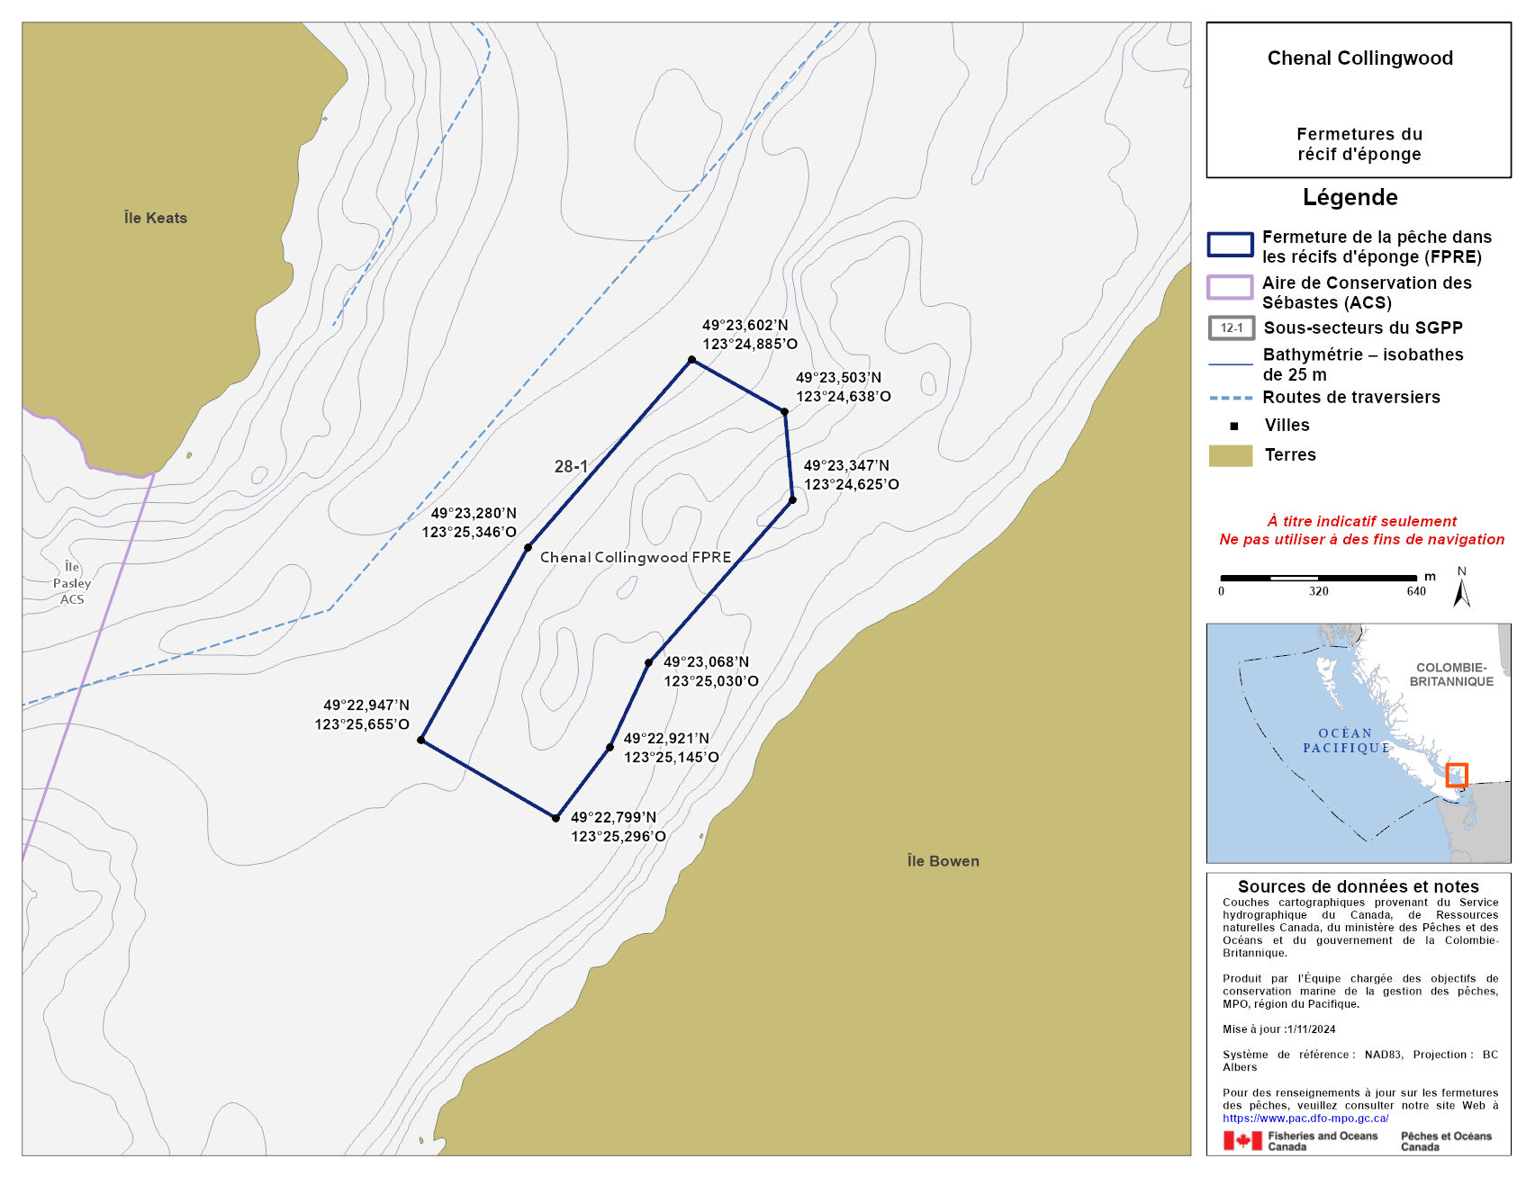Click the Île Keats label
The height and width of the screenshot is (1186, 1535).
pos(156,218)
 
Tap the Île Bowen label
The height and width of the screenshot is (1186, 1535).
pos(943,861)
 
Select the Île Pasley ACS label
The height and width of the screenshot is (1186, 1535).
pos(72,583)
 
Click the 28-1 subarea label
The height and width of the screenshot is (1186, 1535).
pos(571,466)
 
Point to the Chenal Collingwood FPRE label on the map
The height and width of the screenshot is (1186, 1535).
pos(636,557)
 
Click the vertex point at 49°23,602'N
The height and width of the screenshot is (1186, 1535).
pos(691,360)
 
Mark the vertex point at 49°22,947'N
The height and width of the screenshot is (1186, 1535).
pos(420,740)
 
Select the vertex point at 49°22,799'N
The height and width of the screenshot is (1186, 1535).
pos(555,818)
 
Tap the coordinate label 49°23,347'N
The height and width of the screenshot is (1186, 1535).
pos(846,465)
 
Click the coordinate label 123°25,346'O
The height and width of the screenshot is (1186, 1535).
pos(469,532)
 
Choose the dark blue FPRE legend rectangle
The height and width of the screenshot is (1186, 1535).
pos(1230,245)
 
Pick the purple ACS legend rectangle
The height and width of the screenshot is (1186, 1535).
pos(1230,287)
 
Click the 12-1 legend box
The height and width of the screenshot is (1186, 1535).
pos(1232,328)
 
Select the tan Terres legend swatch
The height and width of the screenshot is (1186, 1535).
pos(1230,455)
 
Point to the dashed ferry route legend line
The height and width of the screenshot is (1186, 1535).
pos(1230,398)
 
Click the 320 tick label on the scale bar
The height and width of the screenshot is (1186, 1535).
pos(1319,591)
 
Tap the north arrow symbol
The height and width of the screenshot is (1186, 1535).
pos(1462,590)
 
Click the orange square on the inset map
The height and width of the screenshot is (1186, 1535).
pos(1457,775)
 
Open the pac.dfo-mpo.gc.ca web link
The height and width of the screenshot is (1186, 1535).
pos(1305,1119)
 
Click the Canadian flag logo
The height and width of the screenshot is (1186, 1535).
pos(1242,1141)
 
